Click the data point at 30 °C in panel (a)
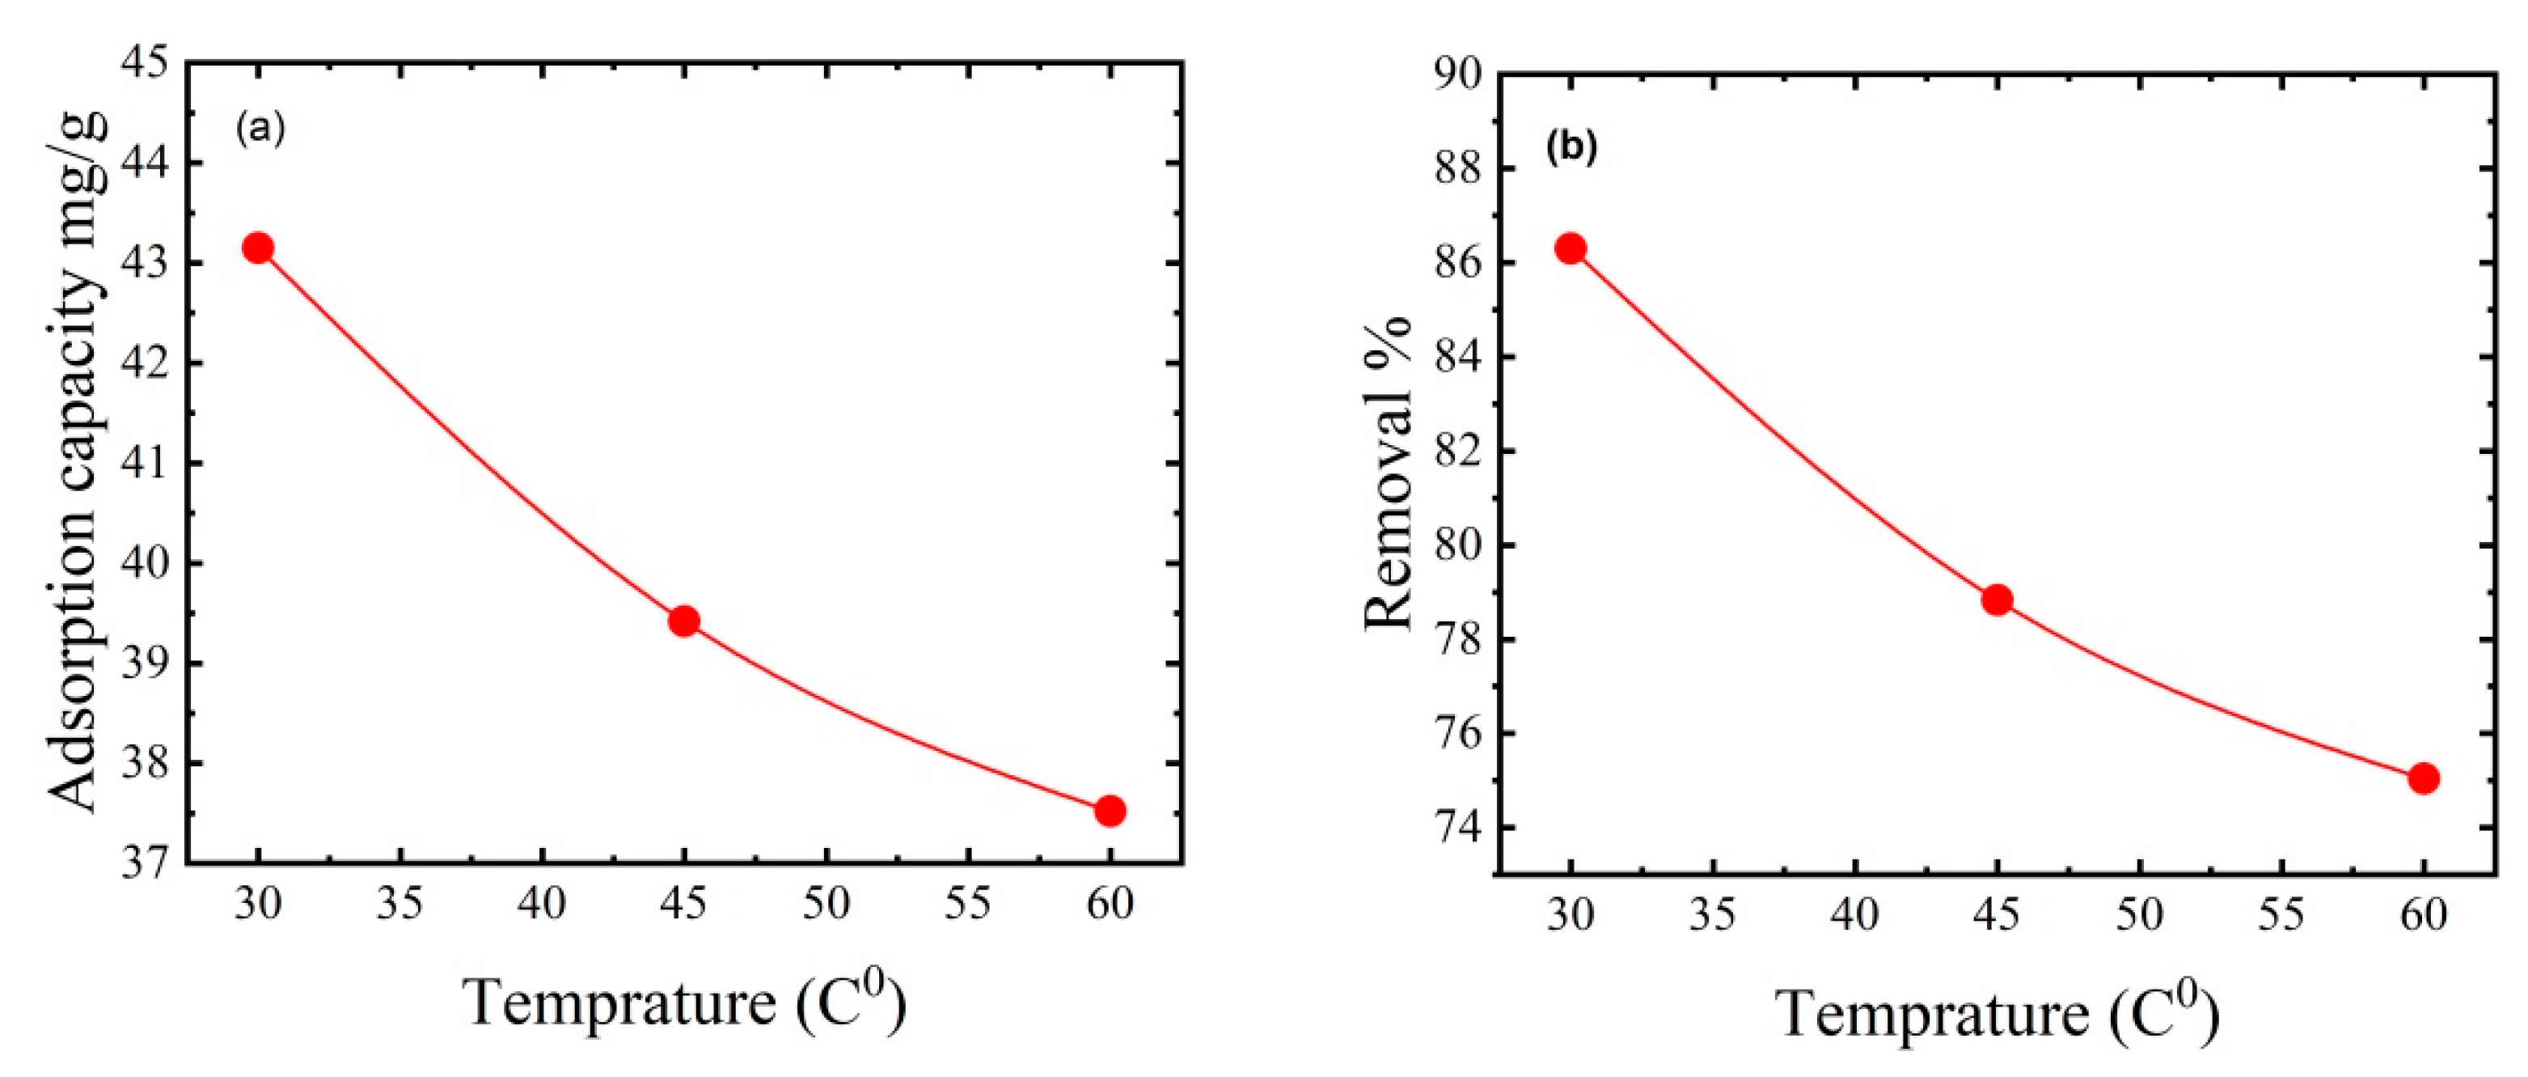258,248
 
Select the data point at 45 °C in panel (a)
684,621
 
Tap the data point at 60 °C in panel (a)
1110,810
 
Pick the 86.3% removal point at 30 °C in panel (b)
1570,248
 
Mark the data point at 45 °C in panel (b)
1997,600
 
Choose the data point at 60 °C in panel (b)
2423,778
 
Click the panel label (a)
260,129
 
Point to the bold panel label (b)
1571,147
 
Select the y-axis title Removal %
1389,473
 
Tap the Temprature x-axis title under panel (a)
684,1003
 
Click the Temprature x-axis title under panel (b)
1997,1013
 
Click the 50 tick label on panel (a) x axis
826,904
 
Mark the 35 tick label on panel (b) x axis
1713,915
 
